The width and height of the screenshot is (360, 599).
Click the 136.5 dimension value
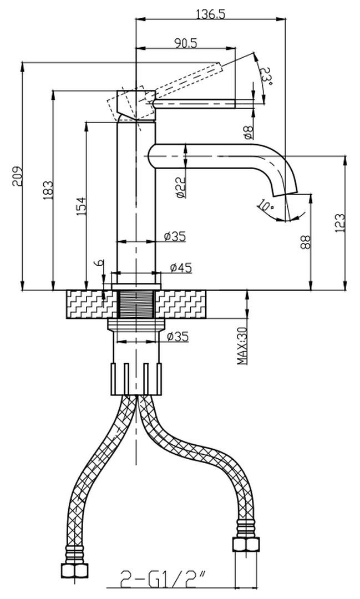click(x=211, y=14)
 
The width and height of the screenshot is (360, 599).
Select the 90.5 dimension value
click(x=186, y=43)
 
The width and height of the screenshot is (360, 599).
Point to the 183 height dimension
click(x=48, y=190)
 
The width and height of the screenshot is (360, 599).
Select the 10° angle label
click(x=265, y=206)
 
